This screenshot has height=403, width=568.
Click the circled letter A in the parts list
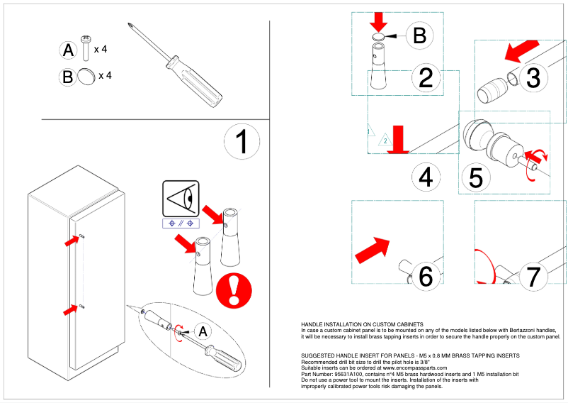coord(68,50)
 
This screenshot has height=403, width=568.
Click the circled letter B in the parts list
coord(67,77)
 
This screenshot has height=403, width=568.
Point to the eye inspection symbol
coord(181,199)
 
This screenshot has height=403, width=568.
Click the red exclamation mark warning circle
coord(230,289)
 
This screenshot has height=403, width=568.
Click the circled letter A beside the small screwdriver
coord(203,331)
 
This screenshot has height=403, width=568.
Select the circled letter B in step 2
coord(419,35)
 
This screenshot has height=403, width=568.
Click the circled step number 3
coord(533,76)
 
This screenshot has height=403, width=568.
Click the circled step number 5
coord(476,177)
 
